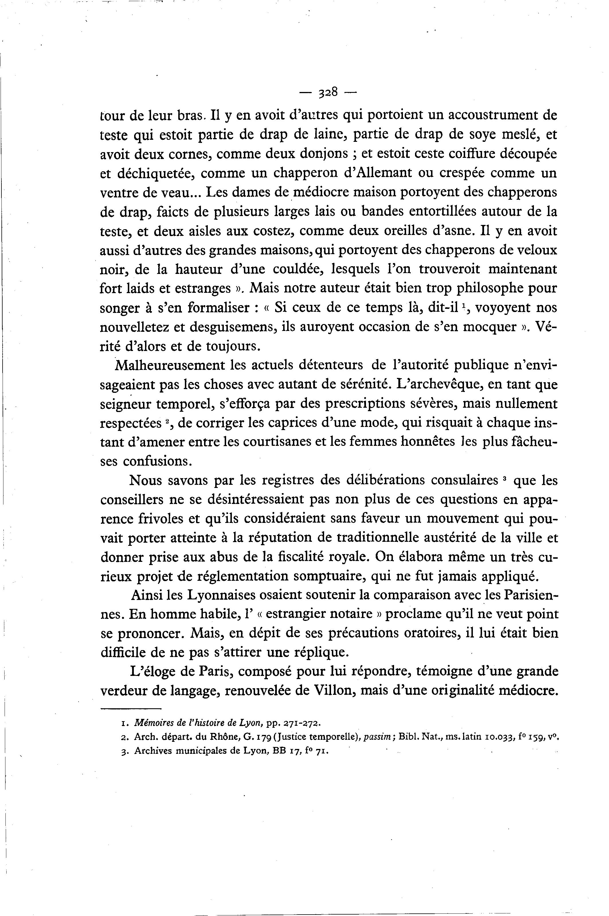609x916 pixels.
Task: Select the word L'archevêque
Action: coord(442,385)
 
